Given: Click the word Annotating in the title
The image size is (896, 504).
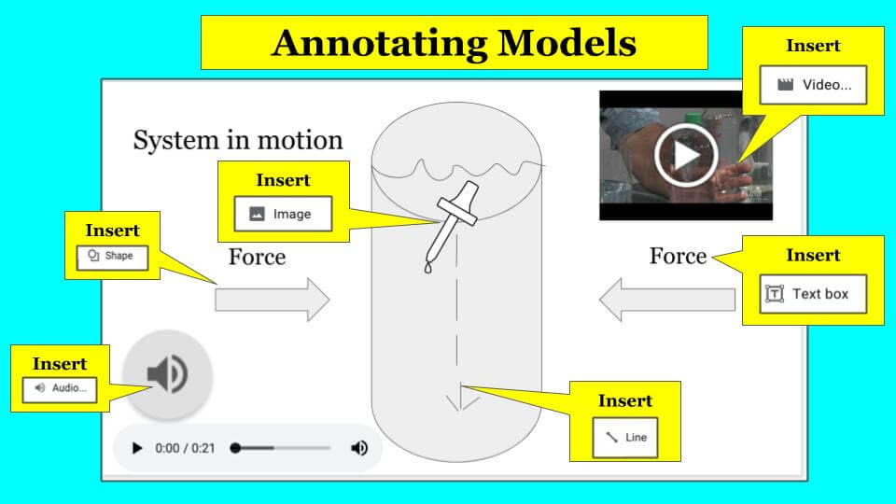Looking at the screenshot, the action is pos(379,44).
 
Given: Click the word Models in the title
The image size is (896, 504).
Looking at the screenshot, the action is pos(567,43).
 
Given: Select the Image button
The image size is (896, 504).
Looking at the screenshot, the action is pos(283,214).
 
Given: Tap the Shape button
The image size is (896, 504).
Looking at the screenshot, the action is pos(112,257).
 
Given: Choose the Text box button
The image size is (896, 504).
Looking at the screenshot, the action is pos(813,294).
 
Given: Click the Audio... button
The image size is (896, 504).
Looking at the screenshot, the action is pos(60,389).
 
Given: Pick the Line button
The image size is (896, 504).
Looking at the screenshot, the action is pos(625,437).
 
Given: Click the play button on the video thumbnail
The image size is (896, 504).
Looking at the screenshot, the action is pos(686,155).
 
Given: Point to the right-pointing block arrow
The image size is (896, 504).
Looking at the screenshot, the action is pos(272,300).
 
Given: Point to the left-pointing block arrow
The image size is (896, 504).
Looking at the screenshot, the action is pos(667,300).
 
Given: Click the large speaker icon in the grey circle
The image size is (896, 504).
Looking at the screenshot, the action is pos(167,374).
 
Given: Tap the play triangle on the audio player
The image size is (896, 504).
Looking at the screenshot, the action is pos(137,448).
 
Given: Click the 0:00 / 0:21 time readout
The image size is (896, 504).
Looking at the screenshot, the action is pos(185,448).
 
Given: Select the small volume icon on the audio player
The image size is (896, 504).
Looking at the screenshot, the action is pos(358,448).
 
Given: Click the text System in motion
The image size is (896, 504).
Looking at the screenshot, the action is pos(238,140).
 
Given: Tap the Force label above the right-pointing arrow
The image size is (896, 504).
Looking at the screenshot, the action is pos(258,257).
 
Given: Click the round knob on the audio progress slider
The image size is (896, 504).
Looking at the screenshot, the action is pos(235,448).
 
